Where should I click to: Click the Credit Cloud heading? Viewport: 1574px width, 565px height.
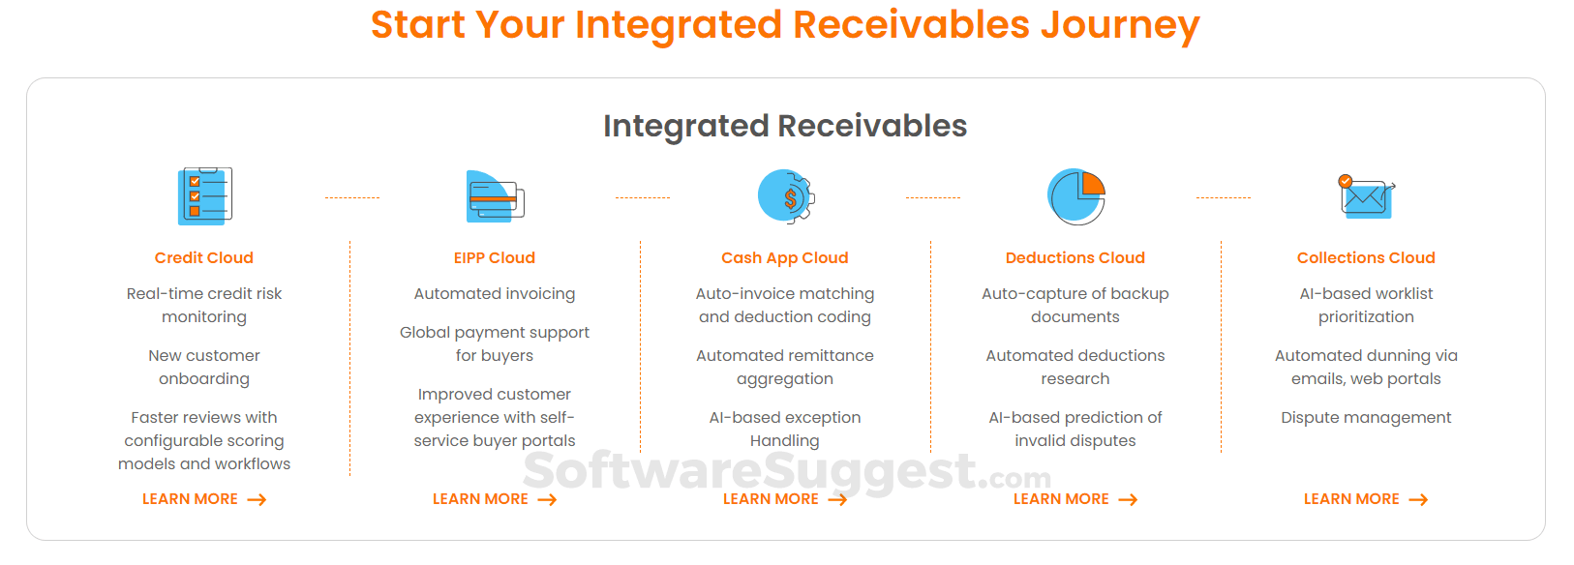(x=204, y=257)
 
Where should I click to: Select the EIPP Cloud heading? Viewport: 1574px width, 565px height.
(x=494, y=257)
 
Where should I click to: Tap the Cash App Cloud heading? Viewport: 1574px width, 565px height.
(x=785, y=258)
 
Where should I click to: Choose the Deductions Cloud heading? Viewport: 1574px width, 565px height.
(x=1075, y=257)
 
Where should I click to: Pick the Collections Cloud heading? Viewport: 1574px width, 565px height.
(x=1366, y=257)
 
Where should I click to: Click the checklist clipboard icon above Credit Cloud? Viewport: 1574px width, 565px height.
(x=204, y=195)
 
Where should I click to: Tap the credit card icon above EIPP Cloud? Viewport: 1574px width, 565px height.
(x=496, y=196)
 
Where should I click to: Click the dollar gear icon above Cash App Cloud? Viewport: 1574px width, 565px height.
(x=786, y=196)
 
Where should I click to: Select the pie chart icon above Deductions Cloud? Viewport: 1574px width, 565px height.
(x=1075, y=196)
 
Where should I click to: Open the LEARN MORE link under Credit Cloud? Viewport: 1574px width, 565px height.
(x=204, y=499)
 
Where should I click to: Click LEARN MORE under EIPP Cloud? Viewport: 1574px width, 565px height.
(x=494, y=499)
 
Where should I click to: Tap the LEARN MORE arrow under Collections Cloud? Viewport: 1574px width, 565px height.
(x=1419, y=500)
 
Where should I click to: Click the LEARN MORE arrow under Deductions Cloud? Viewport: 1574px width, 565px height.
(x=1128, y=500)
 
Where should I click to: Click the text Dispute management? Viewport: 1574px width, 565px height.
(x=1366, y=418)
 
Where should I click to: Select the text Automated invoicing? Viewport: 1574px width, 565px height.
(x=494, y=293)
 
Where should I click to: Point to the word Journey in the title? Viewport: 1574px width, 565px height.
(x=1120, y=25)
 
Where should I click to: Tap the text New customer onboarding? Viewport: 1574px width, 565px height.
(x=204, y=367)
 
